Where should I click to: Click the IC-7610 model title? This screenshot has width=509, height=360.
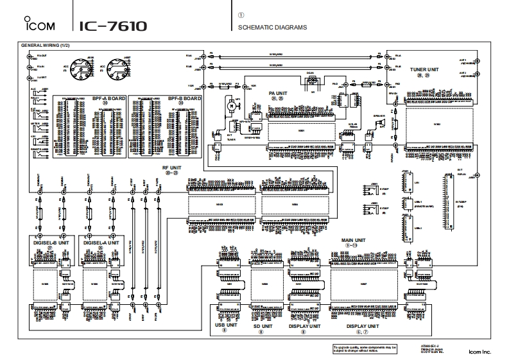[114, 26]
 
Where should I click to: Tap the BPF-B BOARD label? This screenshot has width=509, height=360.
[184, 98]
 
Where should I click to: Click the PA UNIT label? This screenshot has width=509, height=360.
[277, 93]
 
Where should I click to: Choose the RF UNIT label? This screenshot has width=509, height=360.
[171, 166]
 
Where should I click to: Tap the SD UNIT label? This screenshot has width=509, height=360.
[261, 325]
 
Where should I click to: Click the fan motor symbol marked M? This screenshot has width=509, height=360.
[227, 103]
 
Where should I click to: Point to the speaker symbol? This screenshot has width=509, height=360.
[381, 121]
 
